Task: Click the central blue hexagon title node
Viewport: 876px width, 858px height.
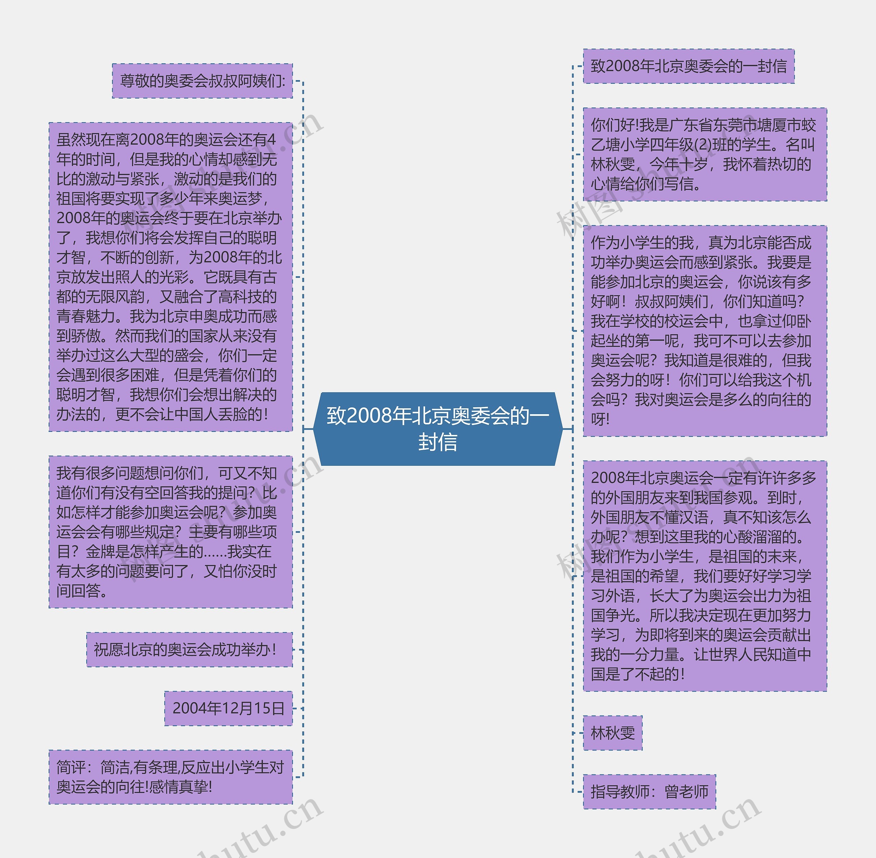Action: click(438, 428)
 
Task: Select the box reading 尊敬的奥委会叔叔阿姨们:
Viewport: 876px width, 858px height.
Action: click(202, 81)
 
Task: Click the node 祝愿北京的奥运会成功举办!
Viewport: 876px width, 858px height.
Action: click(189, 650)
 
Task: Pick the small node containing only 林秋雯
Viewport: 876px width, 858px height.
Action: click(613, 733)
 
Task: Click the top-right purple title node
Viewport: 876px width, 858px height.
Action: click(688, 66)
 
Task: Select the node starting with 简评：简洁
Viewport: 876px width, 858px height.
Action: click(170, 777)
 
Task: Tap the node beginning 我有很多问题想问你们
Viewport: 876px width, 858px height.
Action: click(170, 532)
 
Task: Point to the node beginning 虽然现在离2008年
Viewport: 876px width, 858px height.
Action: click(170, 277)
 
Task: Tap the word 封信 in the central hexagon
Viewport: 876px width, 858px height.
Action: click(438, 442)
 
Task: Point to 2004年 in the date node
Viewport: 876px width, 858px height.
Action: click(192, 708)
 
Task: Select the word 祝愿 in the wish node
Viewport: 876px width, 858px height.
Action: click(108, 650)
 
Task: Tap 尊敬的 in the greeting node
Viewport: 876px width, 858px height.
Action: click(141, 81)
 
